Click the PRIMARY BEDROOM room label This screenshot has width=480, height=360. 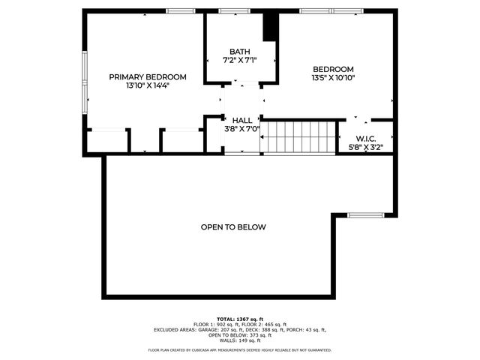click(148, 77)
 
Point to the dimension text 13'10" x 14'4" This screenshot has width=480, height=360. click(148, 86)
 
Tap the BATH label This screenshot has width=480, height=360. click(240, 52)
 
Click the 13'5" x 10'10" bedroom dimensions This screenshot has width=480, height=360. click(333, 77)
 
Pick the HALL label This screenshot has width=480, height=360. click(242, 120)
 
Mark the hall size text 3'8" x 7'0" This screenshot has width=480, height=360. click(242, 128)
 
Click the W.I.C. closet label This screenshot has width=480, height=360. click(366, 138)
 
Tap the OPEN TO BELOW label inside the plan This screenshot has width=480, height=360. click(233, 226)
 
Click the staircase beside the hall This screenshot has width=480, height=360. click(299, 137)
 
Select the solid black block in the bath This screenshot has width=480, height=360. click(270, 27)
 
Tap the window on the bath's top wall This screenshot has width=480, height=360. click(229, 11)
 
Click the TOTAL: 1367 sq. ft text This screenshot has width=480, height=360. click(240, 319)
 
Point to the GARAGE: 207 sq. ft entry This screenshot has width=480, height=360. click(229, 329)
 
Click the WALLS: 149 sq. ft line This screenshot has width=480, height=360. click(240, 340)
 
